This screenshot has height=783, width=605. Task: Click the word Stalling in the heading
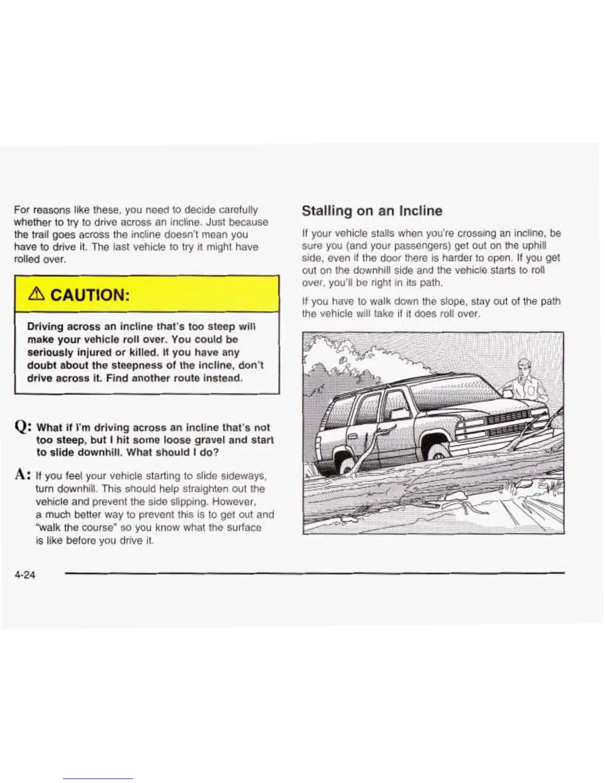(326, 211)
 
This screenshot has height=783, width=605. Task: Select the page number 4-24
(25, 574)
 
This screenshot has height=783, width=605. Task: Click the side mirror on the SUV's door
(400, 412)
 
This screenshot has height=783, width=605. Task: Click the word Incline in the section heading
(421, 211)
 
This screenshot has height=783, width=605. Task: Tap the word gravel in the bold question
(214, 439)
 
